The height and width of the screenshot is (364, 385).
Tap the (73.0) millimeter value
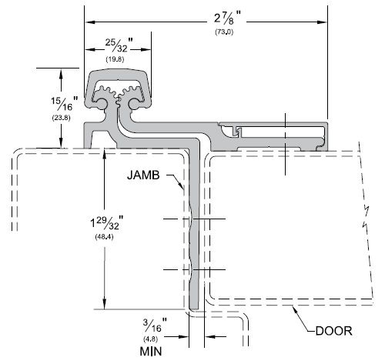[x=224, y=32]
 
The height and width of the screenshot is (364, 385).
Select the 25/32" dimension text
[x=119, y=45]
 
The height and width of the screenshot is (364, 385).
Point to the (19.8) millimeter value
[x=115, y=59]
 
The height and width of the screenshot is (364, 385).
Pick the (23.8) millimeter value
[x=61, y=118]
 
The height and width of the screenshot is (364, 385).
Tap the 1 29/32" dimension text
[x=107, y=222]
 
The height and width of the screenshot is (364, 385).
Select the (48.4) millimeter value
[x=104, y=237]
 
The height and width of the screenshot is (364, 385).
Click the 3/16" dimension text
[x=155, y=325]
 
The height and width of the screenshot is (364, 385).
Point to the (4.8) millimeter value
[x=151, y=339]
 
